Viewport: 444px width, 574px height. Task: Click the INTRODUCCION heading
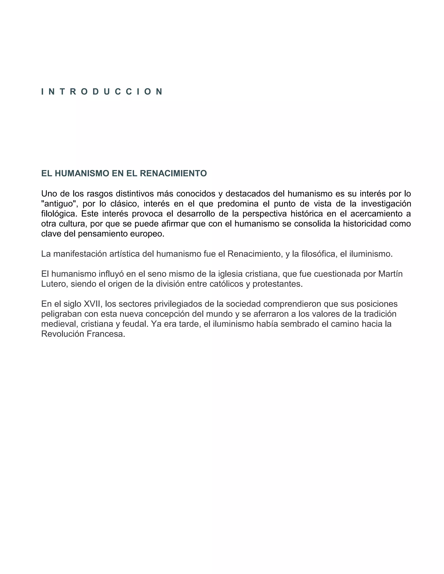pos(102,92)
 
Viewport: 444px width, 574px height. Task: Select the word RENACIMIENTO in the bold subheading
pos(173,173)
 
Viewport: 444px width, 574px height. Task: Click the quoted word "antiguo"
pos(59,204)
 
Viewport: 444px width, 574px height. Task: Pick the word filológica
pos(59,214)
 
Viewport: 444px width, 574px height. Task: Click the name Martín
pos(390,274)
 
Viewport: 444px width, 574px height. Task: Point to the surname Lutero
pos(54,284)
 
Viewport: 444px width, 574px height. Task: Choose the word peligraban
pos(62,314)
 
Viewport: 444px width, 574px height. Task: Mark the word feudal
pos(135,324)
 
